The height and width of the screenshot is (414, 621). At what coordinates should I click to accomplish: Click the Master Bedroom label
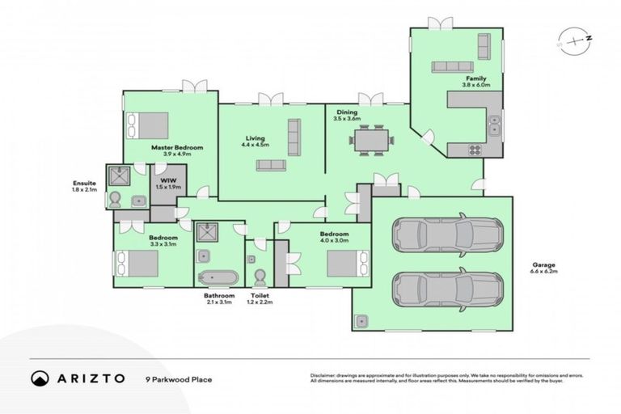tap(176, 148)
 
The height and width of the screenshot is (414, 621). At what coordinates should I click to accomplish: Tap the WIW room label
tap(169, 180)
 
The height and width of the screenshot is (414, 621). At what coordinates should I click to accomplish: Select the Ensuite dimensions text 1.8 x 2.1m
tap(84, 191)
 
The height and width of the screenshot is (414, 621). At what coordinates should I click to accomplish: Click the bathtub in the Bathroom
tap(218, 277)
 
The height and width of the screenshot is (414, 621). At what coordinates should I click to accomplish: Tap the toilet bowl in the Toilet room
tap(260, 277)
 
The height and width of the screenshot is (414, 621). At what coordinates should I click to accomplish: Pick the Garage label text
tap(543, 264)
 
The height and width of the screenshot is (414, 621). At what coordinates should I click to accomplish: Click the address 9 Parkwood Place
tap(179, 378)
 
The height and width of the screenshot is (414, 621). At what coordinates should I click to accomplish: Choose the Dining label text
tap(346, 113)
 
